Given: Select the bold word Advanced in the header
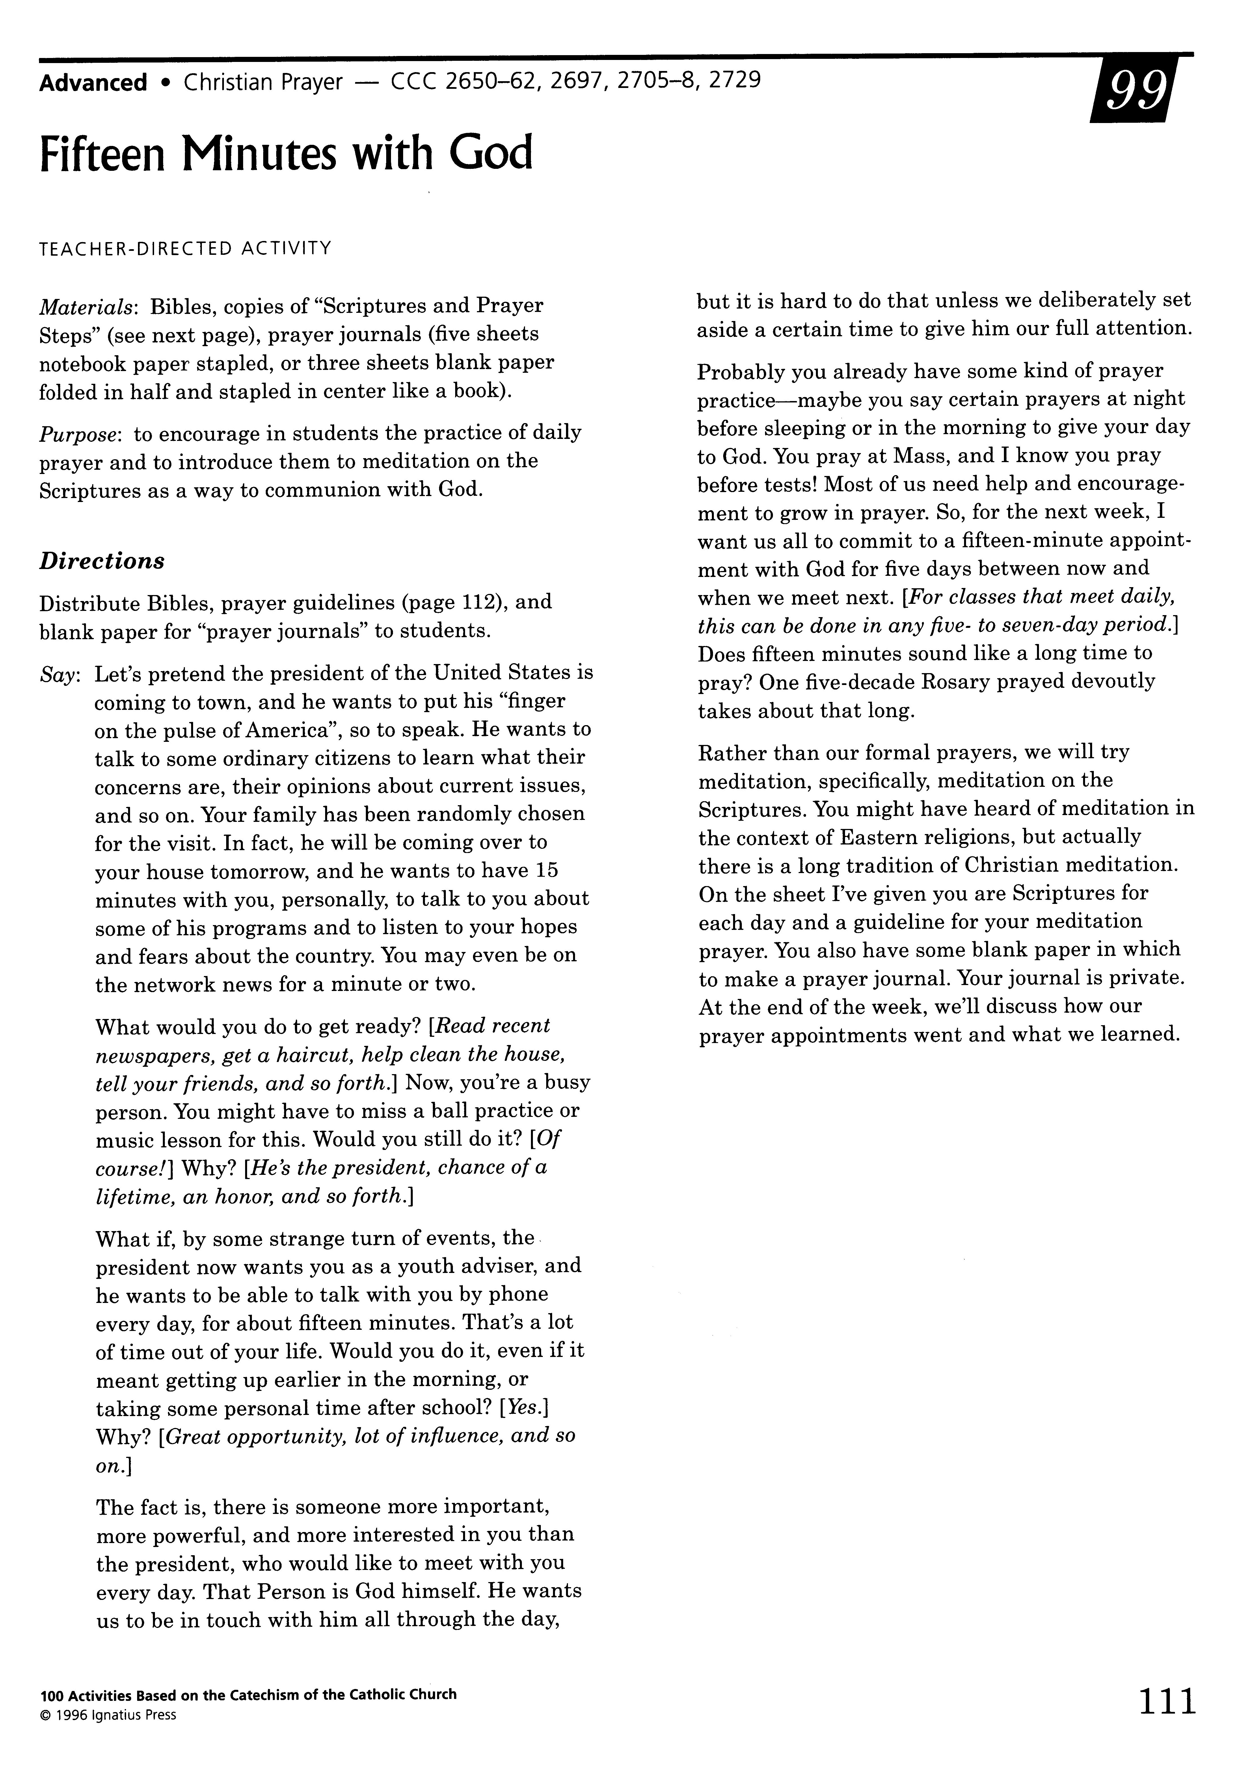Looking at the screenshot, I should point(93,83).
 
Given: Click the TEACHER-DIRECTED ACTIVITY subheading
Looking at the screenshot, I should point(186,248).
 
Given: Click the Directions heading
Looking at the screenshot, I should point(102,561).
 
